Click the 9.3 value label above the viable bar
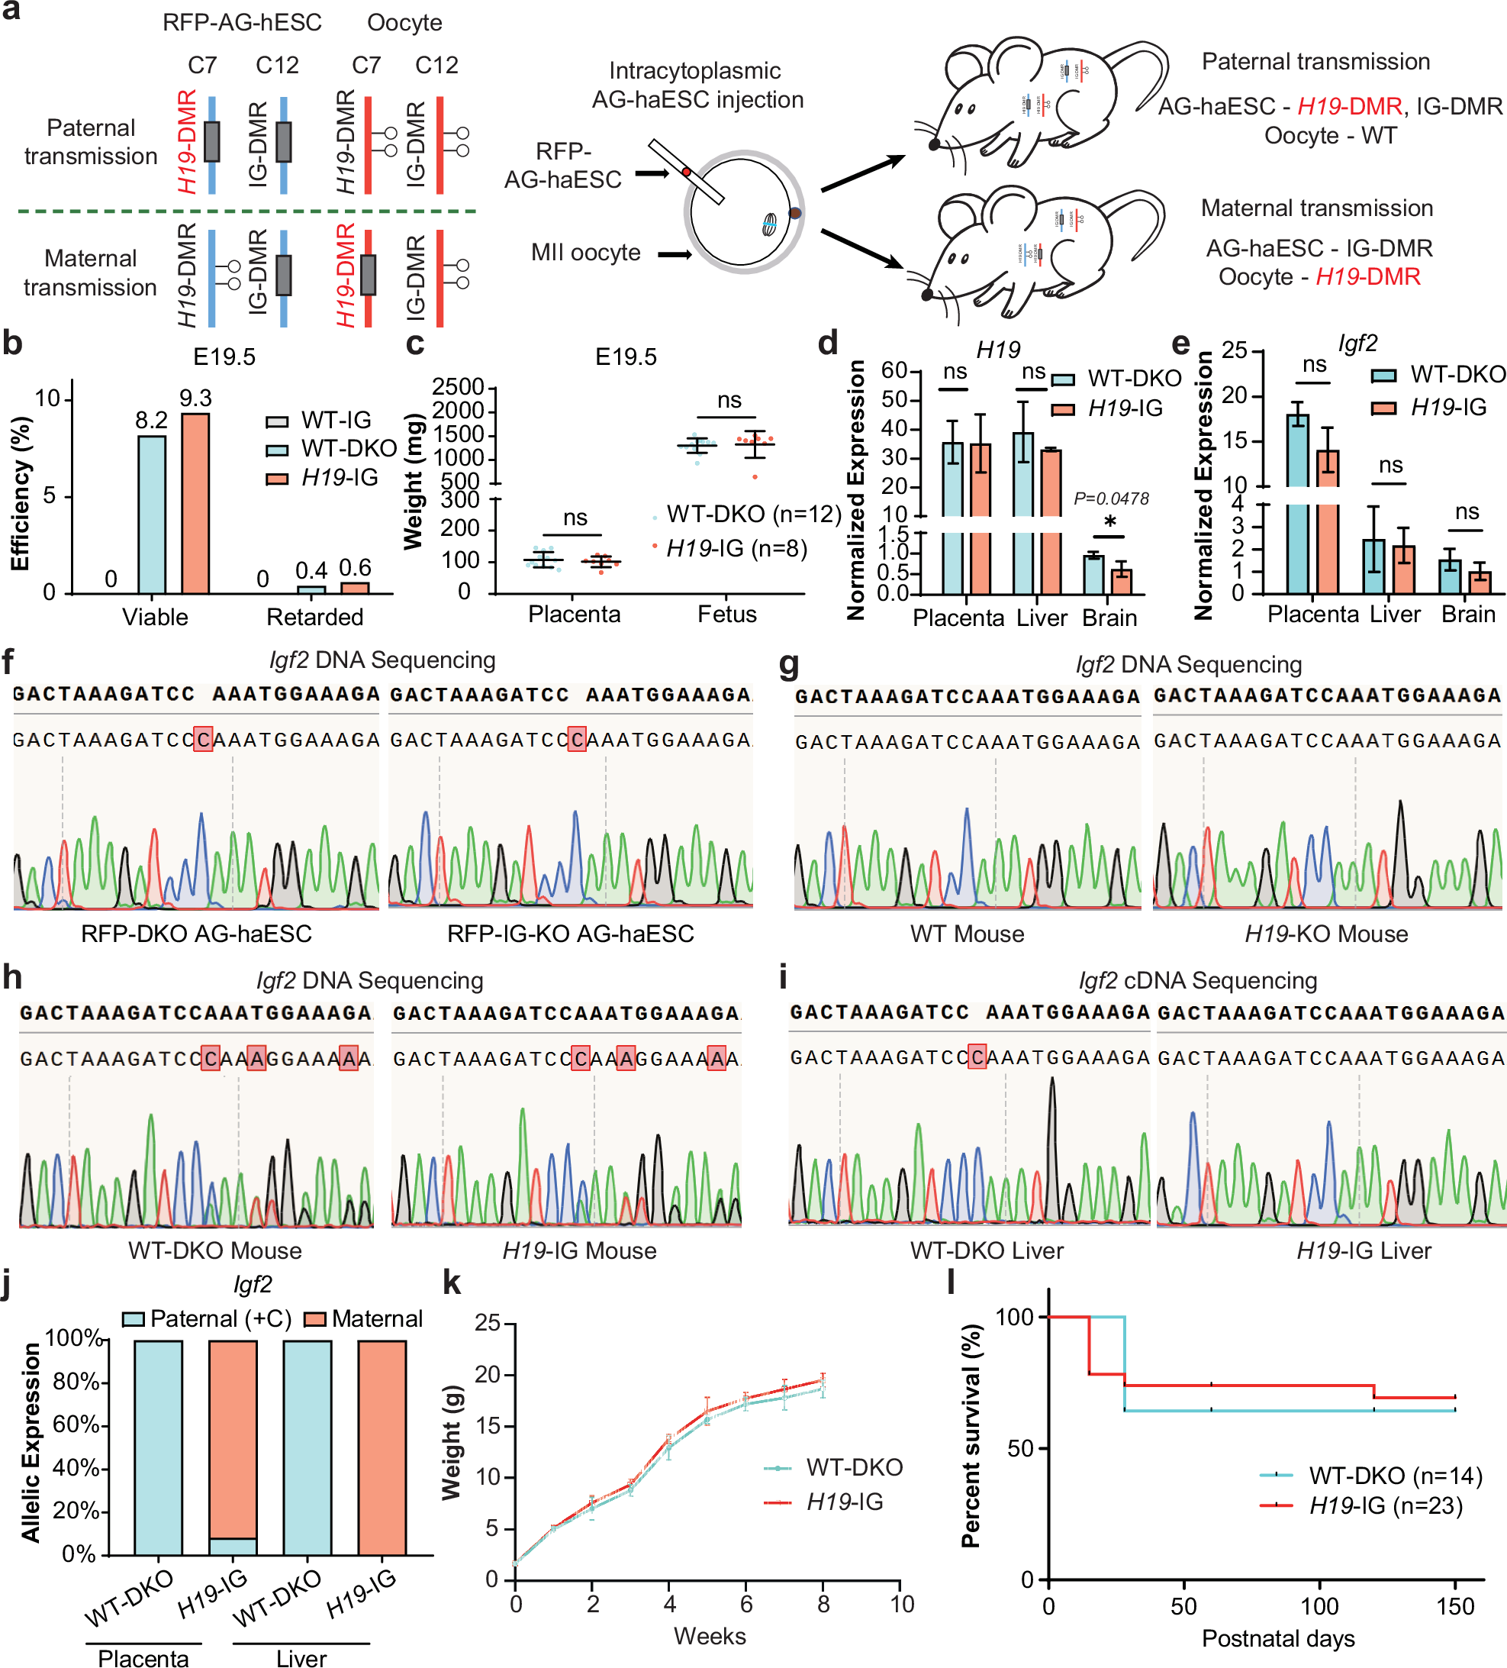point(195,398)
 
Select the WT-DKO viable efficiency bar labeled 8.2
point(152,513)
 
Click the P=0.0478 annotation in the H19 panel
point(1111,499)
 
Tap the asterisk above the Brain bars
point(1109,522)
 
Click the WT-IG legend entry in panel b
point(319,421)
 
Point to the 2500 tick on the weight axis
point(459,386)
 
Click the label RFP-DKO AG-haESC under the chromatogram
point(196,934)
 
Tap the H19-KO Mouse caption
point(1326,934)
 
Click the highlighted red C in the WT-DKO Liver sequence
point(977,1057)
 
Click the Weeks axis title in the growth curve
point(709,1636)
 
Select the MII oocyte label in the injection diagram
point(585,253)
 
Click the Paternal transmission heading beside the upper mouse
point(1315,61)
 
